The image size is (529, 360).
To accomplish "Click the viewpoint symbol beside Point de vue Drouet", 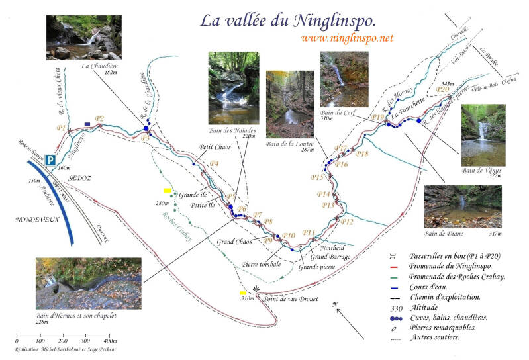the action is (x=256, y=290).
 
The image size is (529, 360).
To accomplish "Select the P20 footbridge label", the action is (x=443, y=89).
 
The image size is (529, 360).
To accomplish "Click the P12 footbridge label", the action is (x=347, y=222).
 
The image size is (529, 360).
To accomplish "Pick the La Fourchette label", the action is (x=408, y=113).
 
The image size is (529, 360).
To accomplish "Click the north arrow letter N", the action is (x=336, y=304).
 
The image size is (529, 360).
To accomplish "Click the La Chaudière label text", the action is (x=99, y=66).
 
